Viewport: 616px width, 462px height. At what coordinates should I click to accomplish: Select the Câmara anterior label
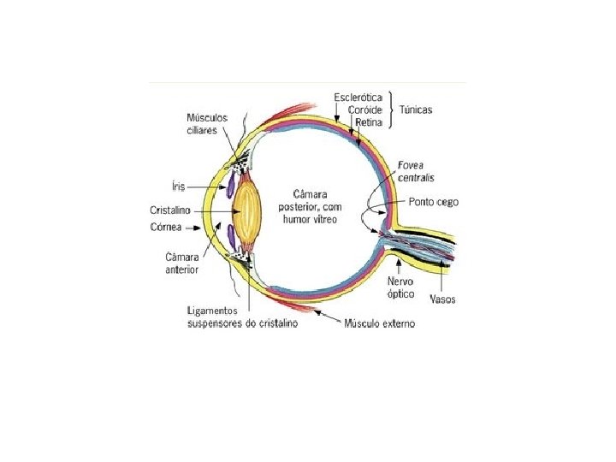click(x=181, y=263)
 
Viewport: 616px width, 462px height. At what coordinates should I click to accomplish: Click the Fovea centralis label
click(x=417, y=171)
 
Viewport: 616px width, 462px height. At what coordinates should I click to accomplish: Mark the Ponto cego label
click(x=434, y=203)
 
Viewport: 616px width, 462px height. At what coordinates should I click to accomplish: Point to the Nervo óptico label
click(x=400, y=287)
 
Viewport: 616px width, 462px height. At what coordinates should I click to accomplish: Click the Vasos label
click(x=443, y=299)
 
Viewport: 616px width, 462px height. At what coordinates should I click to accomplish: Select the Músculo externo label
click(x=379, y=323)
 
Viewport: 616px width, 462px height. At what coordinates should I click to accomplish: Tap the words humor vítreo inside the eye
click(x=308, y=220)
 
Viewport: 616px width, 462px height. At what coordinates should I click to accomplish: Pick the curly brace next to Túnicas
click(x=391, y=110)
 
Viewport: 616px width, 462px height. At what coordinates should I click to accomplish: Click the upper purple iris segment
click(x=230, y=183)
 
